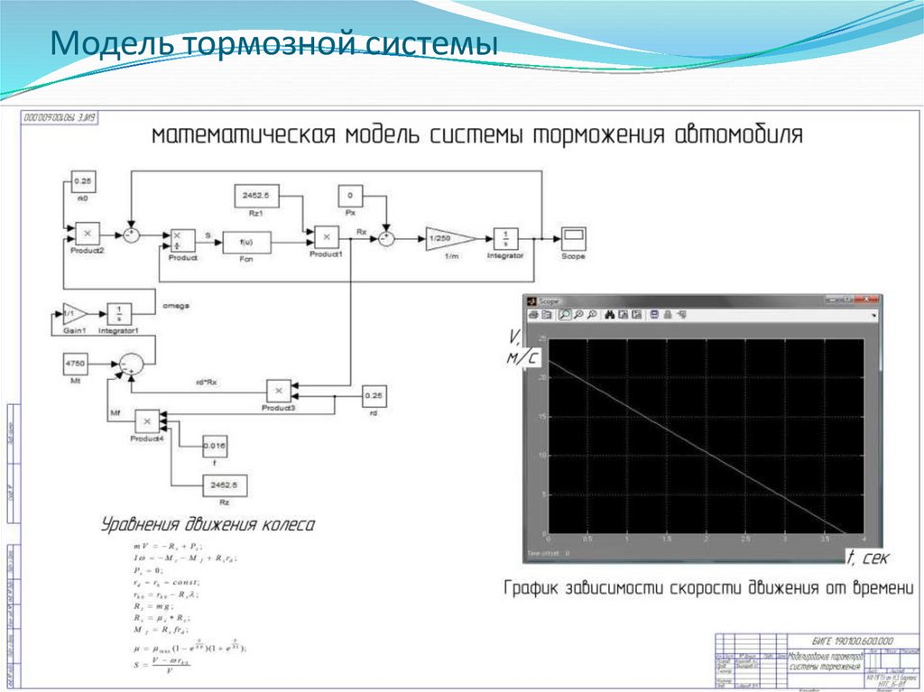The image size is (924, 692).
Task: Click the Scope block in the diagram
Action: [572, 238]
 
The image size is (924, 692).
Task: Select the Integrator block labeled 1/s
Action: [505, 238]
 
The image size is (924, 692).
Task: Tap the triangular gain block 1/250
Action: [448, 239]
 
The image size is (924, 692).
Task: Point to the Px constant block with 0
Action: [349, 195]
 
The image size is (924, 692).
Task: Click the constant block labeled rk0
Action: [81, 180]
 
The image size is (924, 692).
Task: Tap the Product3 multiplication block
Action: [279, 391]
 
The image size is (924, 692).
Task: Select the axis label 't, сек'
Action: [871, 555]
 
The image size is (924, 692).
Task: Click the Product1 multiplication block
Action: [326, 236]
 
